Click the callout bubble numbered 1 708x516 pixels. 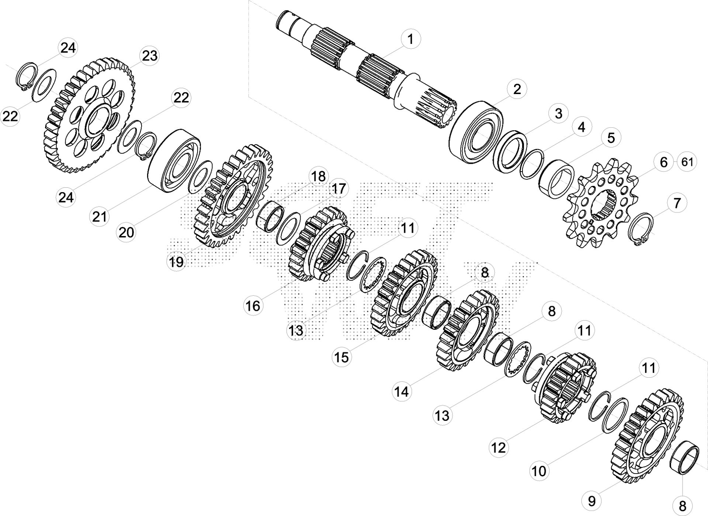(x=410, y=39)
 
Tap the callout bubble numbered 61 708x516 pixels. (x=687, y=162)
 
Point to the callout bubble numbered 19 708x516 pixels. (x=176, y=262)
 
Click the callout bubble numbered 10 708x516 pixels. (x=539, y=471)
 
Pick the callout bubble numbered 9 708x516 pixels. (x=591, y=501)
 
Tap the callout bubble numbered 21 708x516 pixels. (x=99, y=217)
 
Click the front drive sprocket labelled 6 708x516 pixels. (x=602, y=204)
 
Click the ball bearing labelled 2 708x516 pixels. (x=476, y=132)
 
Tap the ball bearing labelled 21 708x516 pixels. (x=174, y=160)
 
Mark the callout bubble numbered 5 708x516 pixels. (x=611, y=138)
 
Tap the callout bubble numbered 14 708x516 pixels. (x=402, y=391)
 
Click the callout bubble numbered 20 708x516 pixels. (x=126, y=232)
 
